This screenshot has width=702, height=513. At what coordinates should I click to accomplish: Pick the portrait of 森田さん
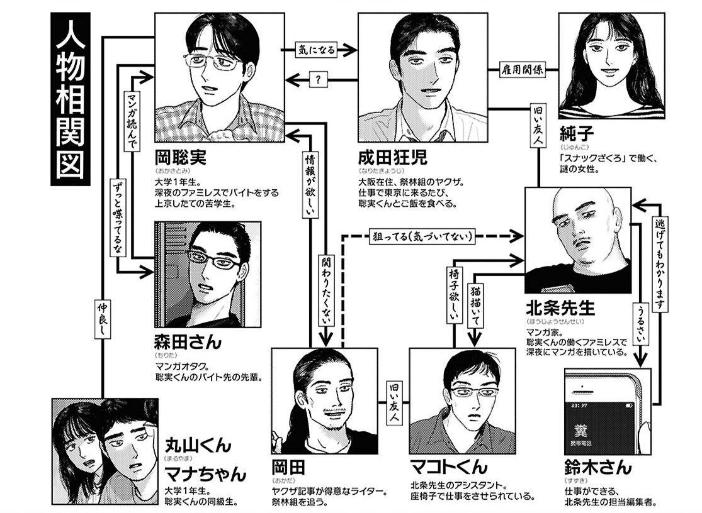coord(207,273)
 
